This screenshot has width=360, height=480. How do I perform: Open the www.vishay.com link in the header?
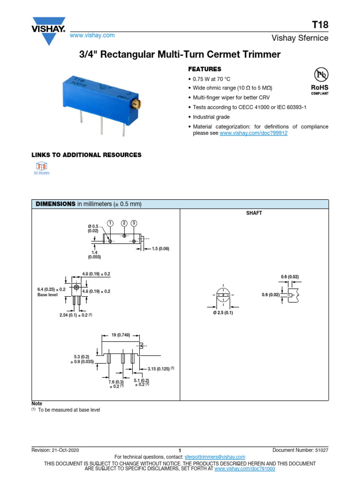click(92, 36)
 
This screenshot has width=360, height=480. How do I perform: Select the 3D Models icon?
click(41, 167)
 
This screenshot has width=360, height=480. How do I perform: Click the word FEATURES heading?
click(204, 69)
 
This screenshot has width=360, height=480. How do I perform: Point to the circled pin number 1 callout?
click(110, 223)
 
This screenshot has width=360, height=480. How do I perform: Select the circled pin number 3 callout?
click(134, 223)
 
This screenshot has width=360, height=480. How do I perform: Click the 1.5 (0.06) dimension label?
click(160, 248)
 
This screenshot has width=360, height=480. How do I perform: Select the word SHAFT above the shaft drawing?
click(254, 213)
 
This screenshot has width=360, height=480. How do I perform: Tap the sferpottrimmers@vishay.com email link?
click(214, 457)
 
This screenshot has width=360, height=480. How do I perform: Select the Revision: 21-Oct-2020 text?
click(55, 450)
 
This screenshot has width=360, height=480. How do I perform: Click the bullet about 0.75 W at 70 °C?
click(211, 79)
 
